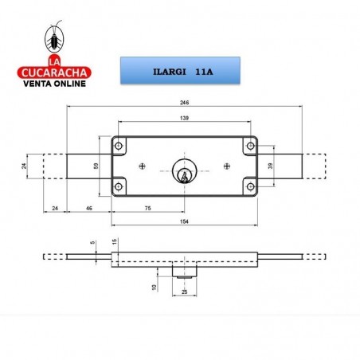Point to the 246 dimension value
[x=184, y=104]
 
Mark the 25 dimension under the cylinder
[x=184, y=292]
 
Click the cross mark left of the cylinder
[x=142, y=166]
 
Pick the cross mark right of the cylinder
[x=227, y=166]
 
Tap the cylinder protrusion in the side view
[x=184, y=271]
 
